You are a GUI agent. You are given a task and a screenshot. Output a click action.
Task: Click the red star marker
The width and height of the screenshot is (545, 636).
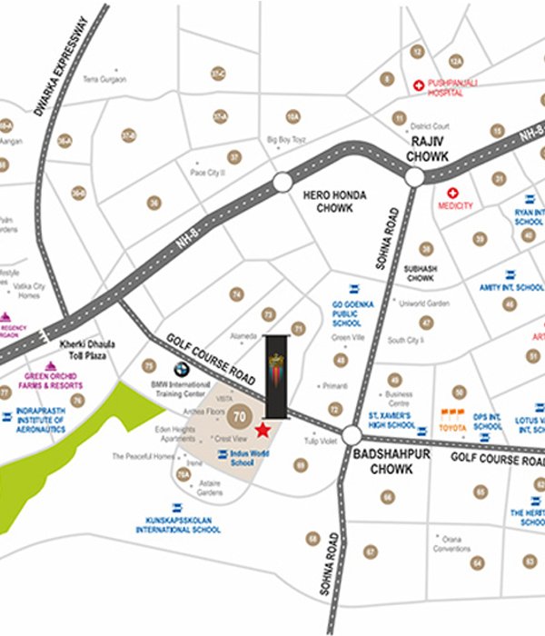[x=263, y=429]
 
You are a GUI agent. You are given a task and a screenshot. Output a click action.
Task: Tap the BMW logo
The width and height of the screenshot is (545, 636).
[x=182, y=370]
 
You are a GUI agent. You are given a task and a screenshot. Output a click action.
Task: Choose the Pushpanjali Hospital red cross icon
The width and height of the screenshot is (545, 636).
[x=418, y=85]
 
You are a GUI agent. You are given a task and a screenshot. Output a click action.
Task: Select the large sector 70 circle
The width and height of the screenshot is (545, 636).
[x=240, y=418]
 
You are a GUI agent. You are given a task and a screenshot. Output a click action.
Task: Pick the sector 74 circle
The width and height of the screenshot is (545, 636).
[x=237, y=294]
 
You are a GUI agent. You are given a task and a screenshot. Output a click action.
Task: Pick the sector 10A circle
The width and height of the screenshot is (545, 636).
[x=292, y=116]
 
